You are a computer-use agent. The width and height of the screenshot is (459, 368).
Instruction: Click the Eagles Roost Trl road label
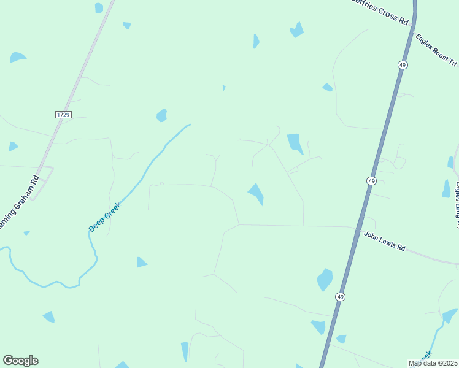(436, 50)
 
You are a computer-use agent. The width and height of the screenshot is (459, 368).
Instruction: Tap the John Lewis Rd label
(385, 240)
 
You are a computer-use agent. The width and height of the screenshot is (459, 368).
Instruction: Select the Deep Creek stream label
(106, 217)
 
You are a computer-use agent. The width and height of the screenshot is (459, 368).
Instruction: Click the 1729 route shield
(63, 115)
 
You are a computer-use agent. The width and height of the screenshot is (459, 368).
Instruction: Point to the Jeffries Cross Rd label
(380, 12)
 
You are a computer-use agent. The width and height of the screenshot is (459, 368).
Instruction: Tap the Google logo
(20, 361)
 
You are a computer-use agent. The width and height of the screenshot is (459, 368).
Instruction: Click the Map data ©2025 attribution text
(432, 363)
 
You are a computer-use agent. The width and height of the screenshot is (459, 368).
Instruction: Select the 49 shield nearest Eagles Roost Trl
(402, 64)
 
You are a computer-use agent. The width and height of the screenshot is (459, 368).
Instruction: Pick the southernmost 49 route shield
(340, 297)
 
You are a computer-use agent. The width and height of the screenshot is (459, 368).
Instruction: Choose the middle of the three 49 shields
(371, 180)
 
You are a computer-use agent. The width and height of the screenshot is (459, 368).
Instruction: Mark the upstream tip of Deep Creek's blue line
(189, 125)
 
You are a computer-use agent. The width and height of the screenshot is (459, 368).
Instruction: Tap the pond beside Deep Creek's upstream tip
(162, 115)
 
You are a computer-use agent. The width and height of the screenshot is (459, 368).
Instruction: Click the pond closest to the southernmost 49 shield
(325, 280)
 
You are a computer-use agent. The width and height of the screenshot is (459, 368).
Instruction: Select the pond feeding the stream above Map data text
(450, 315)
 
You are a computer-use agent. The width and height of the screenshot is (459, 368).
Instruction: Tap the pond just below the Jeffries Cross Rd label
(297, 30)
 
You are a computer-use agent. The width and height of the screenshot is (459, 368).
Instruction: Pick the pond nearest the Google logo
(49, 316)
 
